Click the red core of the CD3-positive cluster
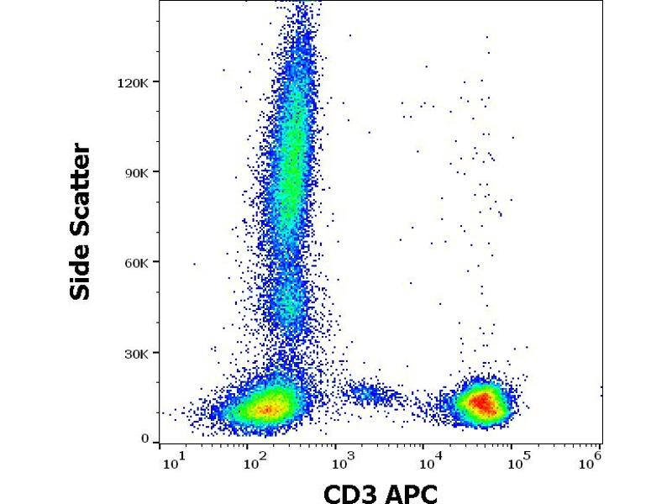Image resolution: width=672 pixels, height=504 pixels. tap(482, 402)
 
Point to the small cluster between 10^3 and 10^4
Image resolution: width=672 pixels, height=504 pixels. tap(370, 392)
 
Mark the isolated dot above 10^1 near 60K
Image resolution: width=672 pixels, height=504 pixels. tap(194, 264)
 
